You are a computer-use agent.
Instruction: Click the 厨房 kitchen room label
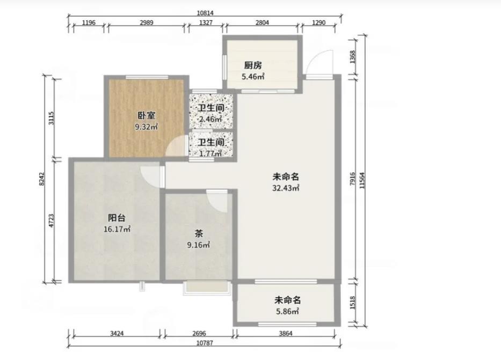point(253,65)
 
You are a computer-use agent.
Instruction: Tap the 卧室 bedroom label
point(147,115)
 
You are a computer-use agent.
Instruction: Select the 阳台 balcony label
point(117,218)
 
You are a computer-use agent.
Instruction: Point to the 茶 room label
point(199,234)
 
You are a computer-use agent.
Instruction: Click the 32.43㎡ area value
point(286,188)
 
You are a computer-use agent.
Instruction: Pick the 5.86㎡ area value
point(288,312)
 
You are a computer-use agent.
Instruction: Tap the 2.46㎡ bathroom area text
point(210,119)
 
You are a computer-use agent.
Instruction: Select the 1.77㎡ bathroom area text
point(210,153)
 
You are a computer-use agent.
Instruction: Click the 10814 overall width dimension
point(205,13)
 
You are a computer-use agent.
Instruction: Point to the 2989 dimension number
point(147,23)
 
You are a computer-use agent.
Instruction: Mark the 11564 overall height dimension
point(362,181)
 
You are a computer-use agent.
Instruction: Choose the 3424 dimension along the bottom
point(117,334)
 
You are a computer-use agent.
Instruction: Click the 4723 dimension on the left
point(52,221)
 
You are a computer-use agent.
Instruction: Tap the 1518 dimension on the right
point(353,303)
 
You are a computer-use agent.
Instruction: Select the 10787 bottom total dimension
point(205,343)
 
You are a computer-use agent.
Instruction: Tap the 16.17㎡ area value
point(117,229)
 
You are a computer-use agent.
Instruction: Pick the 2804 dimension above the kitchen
point(263,23)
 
